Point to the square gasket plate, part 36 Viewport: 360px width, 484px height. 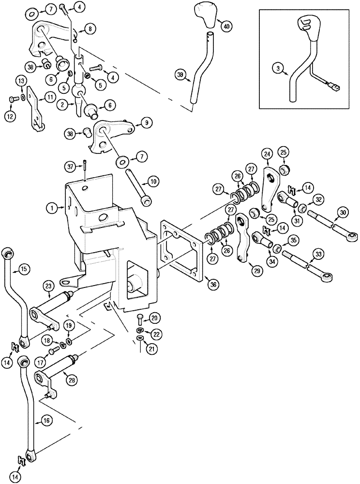(x=181, y=252)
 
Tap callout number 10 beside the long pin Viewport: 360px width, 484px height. (x=152, y=181)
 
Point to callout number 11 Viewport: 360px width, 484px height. (x=49, y=97)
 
